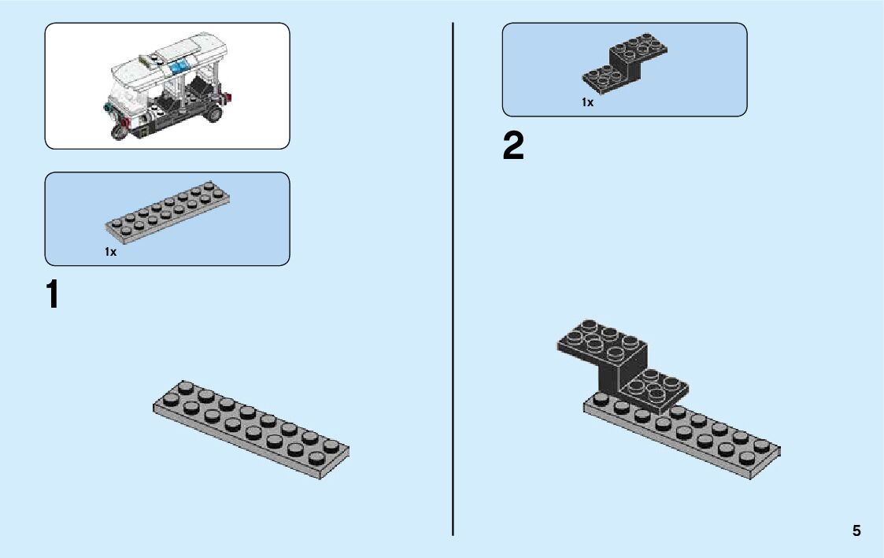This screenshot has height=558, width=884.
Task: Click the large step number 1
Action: [52, 295]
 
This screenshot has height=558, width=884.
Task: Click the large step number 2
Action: [512, 147]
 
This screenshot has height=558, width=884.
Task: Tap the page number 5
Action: [856, 531]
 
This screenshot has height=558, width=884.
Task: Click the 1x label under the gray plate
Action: [110, 252]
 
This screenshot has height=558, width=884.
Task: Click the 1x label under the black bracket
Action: [587, 102]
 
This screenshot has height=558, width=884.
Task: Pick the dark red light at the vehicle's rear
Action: [229, 98]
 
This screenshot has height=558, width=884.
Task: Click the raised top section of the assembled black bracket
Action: [602, 340]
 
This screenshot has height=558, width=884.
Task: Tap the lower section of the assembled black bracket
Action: [653, 387]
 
